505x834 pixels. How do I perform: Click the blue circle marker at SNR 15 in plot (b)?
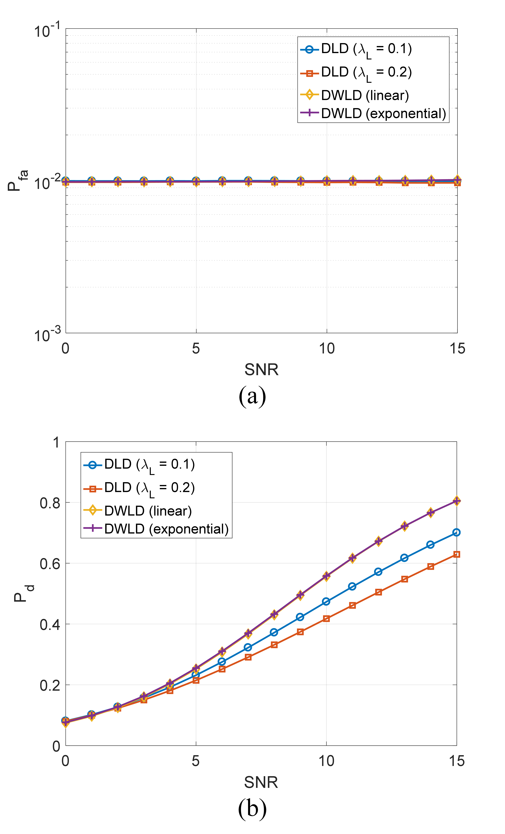click(456, 532)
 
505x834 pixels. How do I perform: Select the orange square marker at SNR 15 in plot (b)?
click(456, 554)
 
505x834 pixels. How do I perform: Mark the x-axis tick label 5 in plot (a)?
click(196, 349)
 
